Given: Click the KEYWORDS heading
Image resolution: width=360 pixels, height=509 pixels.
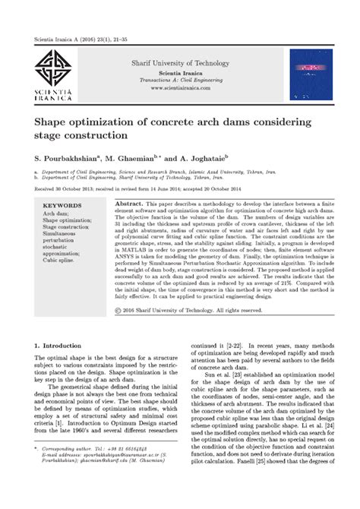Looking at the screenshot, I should (x=62, y=206).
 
